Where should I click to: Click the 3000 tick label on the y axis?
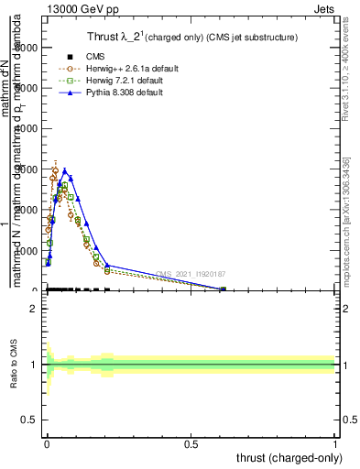[x=25, y=169]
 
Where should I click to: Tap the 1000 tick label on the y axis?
[x=25, y=250]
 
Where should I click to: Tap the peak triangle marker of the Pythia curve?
[x=65, y=170]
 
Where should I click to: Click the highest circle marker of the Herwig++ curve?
[x=55, y=170]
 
